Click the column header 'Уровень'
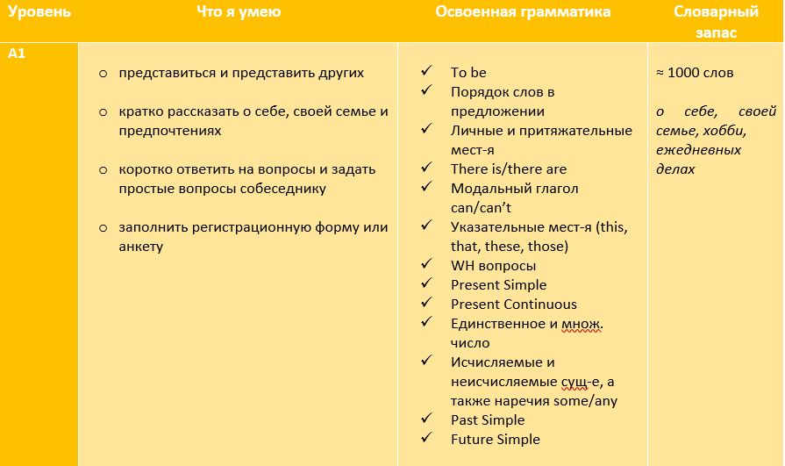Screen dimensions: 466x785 (40, 12)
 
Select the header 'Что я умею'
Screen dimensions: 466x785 (239, 12)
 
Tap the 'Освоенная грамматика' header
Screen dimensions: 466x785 (523, 12)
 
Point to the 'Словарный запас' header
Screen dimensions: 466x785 (717, 22)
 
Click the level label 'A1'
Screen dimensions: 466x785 (18, 54)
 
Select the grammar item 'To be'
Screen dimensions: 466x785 (468, 73)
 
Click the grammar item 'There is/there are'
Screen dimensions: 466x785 (509, 169)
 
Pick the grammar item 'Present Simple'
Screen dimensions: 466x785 (498, 285)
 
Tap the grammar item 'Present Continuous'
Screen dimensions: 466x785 (514, 305)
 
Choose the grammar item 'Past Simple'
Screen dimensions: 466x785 (488, 420)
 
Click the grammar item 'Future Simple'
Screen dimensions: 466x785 (496, 440)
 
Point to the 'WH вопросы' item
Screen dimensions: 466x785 (493, 266)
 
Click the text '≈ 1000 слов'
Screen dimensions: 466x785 (695, 73)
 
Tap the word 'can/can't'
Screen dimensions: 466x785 (481, 208)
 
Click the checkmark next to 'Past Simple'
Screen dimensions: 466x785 (426, 419)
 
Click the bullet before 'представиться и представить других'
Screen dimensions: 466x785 (103, 73)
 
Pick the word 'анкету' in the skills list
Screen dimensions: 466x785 (142, 247)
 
